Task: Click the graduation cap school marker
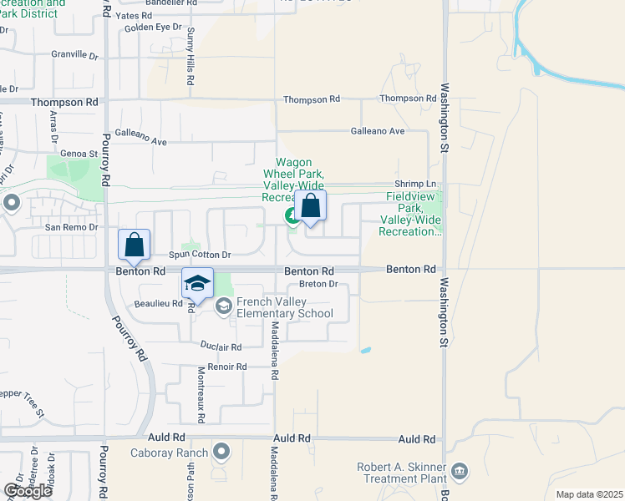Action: (x=197, y=284)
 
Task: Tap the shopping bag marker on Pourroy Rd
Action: (x=134, y=245)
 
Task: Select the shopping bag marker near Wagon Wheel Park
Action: (x=310, y=206)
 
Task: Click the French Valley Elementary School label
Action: (x=284, y=308)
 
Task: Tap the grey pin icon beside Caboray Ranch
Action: (x=221, y=452)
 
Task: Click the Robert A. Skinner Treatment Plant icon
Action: (x=460, y=473)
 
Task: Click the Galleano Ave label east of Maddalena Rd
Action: (x=378, y=131)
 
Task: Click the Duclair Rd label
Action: (x=221, y=347)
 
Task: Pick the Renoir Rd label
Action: (x=229, y=367)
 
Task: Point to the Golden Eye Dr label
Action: (x=153, y=27)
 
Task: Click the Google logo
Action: (x=28, y=491)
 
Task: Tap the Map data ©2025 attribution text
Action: (x=588, y=494)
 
